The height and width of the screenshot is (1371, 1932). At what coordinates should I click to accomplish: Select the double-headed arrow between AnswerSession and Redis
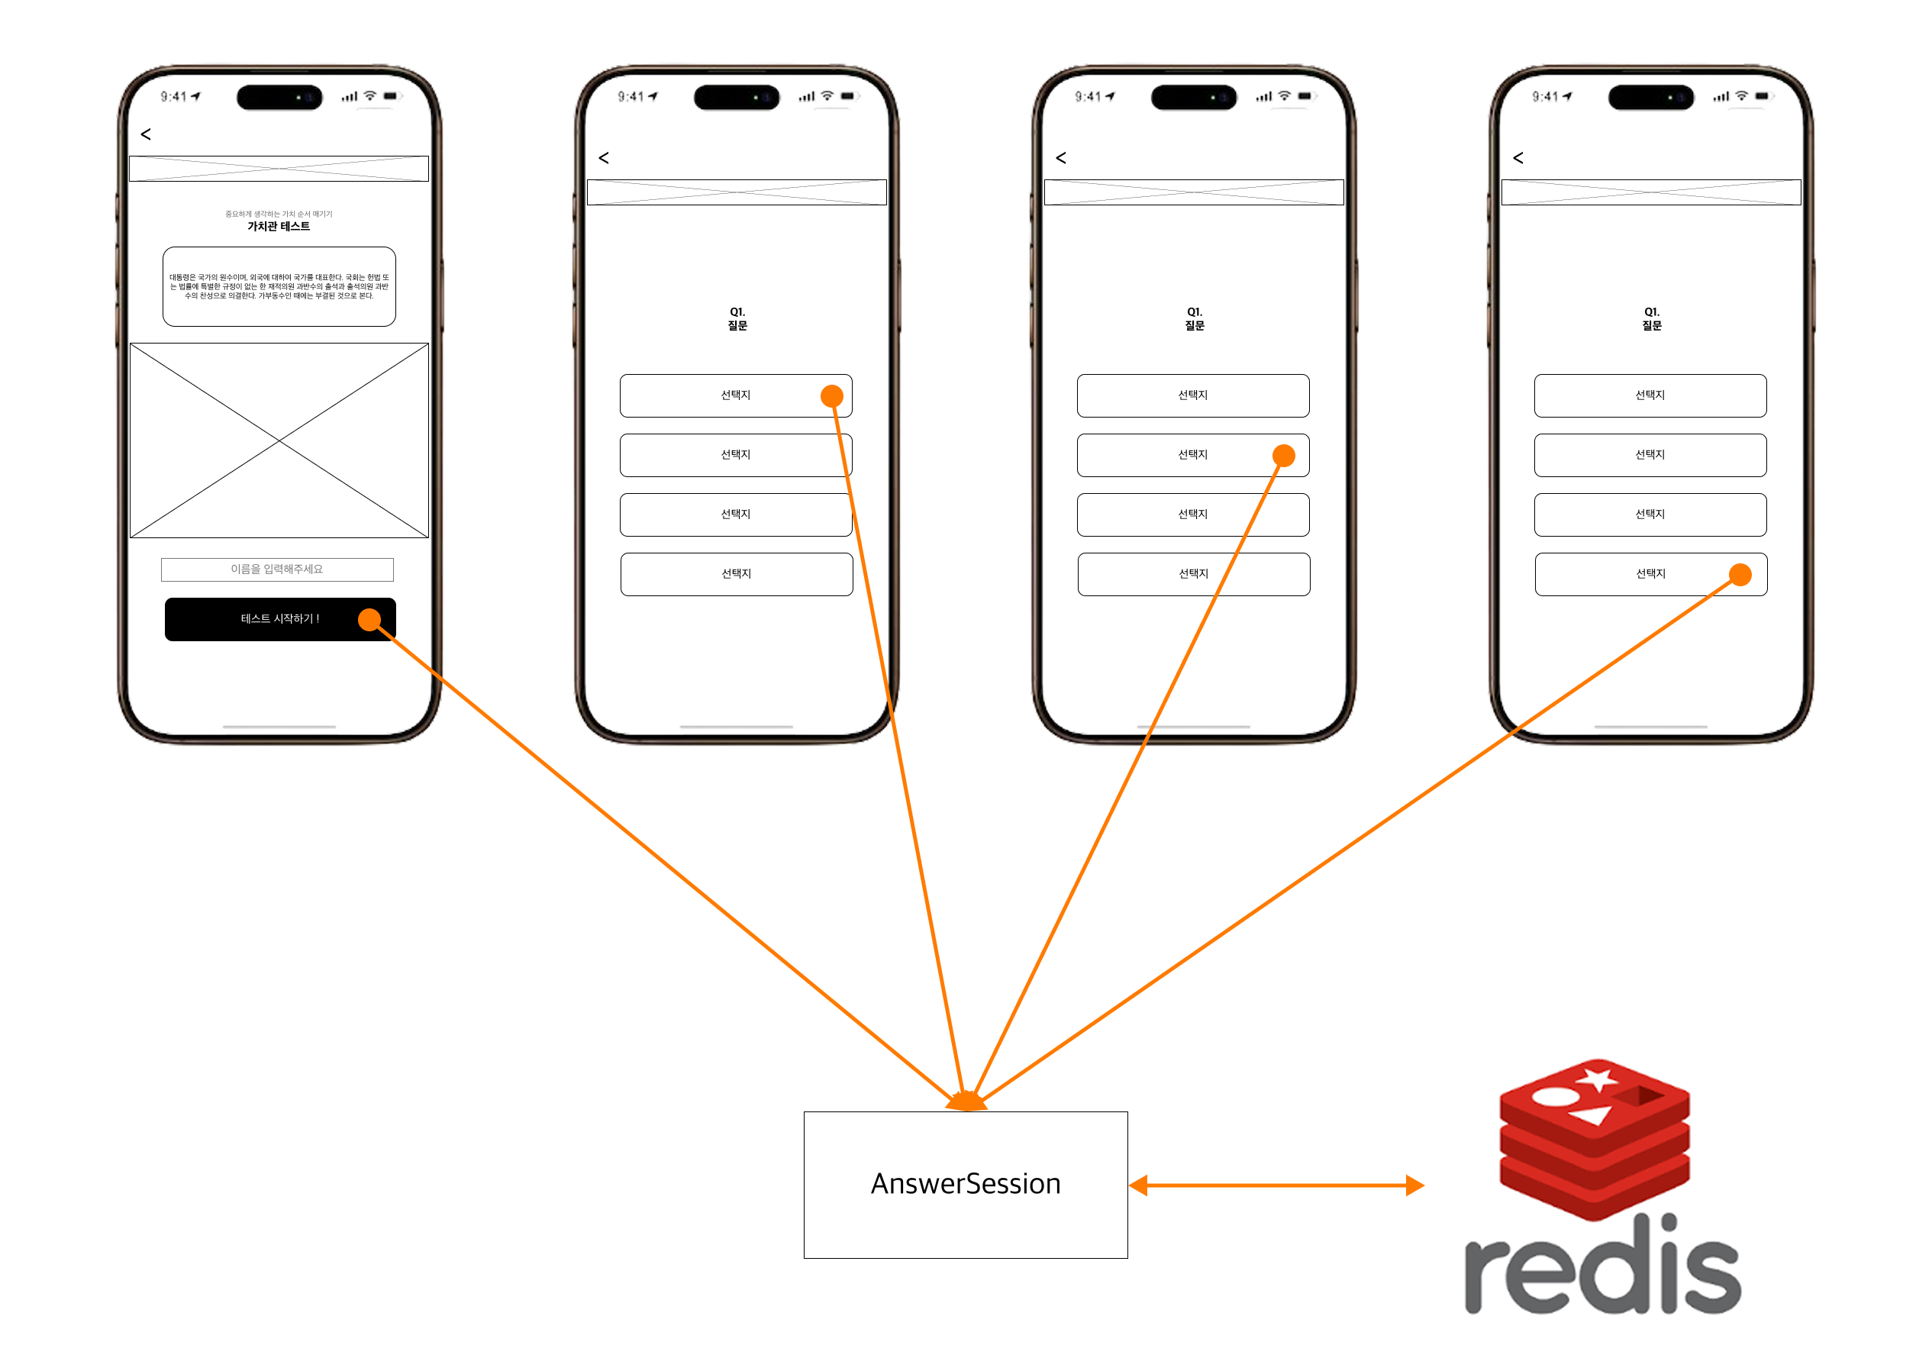click(1276, 1186)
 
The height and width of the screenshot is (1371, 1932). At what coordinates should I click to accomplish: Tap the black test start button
click(279, 619)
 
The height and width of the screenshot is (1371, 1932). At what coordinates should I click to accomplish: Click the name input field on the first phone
click(277, 569)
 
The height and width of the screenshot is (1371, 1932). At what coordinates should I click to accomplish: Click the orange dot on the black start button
click(369, 620)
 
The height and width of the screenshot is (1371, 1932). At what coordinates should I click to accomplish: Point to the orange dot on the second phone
click(831, 396)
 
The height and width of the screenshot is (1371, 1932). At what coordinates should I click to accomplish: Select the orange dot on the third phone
click(1283, 456)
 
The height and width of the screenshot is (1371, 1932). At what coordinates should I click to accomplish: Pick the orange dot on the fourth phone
click(1740, 575)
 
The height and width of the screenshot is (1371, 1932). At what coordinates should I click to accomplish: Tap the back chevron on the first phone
click(146, 134)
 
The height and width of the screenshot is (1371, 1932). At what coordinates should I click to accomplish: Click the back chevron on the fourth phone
click(1518, 158)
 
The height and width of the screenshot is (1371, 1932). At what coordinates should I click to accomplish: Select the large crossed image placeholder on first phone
click(279, 440)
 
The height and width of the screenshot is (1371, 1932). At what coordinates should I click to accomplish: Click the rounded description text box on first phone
click(279, 286)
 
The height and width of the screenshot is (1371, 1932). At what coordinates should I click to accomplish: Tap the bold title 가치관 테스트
click(279, 226)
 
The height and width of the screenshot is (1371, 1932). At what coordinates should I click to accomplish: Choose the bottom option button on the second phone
click(736, 574)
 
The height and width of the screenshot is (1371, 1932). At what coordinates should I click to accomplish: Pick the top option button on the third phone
click(1192, 395)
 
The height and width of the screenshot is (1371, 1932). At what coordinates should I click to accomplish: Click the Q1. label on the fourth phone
click(1651, 311)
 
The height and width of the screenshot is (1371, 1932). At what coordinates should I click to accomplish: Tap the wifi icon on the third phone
click(1284, 95)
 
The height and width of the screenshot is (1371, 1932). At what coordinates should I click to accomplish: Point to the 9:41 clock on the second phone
click(631, 96)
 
